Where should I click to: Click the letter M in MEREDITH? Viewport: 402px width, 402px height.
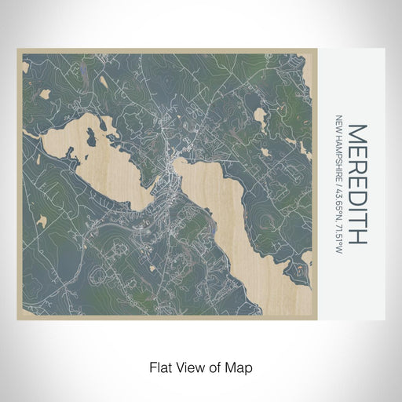pos(356,133)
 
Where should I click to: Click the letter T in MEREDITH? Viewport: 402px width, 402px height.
pos(356,221)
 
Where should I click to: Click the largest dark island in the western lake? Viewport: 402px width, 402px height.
pos(92,140)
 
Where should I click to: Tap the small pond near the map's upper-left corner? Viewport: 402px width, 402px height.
pos(45,93)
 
